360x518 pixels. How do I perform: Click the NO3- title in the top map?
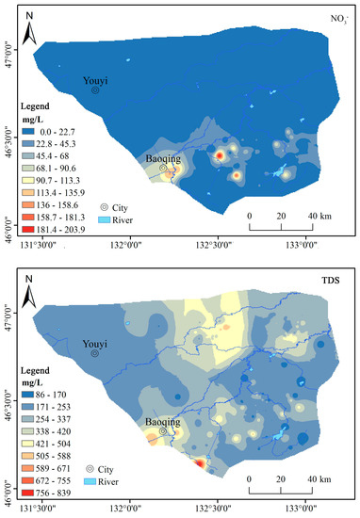[x=336, y=18]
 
